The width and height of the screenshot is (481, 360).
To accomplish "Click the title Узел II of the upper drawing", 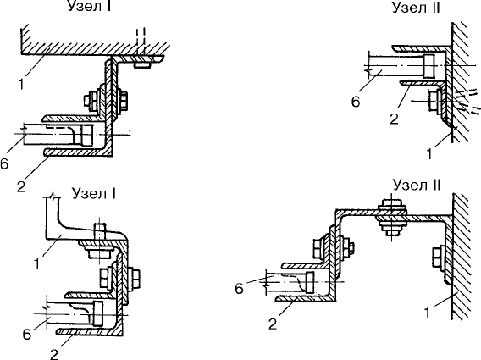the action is click(x=416, y=8).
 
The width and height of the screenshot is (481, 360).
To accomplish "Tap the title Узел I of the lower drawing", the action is click(x=93, y=193).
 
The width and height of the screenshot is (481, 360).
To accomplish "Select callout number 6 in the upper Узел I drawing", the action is click(x=3, y=164).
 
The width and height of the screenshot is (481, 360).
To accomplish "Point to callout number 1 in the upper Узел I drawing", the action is click(x=21, y=84).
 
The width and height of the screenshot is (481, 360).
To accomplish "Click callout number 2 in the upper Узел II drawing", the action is click(x=394, y=119).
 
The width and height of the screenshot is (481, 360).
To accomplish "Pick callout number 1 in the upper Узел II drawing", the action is click(x=429, y=154).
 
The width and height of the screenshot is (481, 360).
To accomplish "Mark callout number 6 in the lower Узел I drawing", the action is click(x=27, y=334).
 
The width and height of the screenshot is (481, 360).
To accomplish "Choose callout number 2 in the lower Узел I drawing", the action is click(x=54, y=354).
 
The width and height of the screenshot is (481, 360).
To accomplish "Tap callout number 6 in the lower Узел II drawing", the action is click(x=240, y=289).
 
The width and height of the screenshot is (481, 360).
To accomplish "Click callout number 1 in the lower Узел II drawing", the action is click(x=427, y=313).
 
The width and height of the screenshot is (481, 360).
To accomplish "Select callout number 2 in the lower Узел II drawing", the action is click(x=273, y=324).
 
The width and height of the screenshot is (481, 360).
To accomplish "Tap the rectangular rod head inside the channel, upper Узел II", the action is click(x=428, y=66).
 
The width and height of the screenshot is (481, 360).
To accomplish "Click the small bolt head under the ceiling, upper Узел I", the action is click(x=142, y=64).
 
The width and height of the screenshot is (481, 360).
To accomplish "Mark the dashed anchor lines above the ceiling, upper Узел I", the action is click(x=141, y=42).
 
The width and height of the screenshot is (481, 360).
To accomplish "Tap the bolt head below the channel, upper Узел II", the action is click(x=434, y=101).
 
